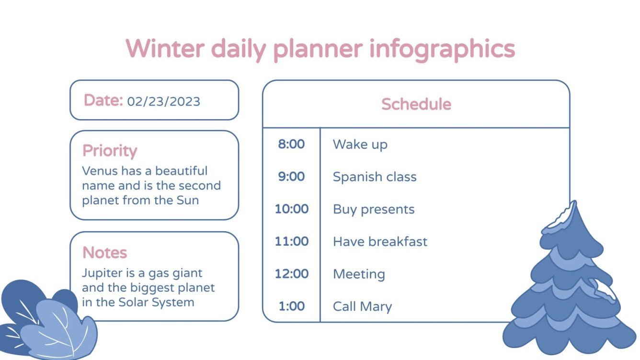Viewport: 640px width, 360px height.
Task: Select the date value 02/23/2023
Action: [x=163, y=101]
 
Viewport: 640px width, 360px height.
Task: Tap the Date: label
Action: [x=103, y=101]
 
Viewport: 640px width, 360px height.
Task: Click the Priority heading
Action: [x=110, y=151]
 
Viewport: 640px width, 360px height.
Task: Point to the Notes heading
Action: [x=104, y=252]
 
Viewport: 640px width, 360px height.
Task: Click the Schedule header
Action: [x=416, y=104]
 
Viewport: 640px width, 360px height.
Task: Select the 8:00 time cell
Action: [x=291, y=144]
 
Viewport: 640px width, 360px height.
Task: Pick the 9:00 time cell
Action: [x=291, y=177]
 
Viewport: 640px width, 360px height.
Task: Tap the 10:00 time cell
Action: [x=291, y=209]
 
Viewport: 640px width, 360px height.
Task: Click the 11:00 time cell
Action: [x=291, y=241]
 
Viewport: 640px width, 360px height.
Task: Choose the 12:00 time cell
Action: [x=291, y=274]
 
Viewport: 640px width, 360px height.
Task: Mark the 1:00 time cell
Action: [x=291, y=306]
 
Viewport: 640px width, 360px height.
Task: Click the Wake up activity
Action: [x=360, y=145]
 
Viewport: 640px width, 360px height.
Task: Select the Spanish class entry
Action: [x=375, y=177]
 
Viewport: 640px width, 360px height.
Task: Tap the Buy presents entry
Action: [x=374, y=210]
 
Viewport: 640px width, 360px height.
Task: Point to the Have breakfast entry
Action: [x=380, y=242]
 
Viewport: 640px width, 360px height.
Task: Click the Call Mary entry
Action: [x=362, y=307]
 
